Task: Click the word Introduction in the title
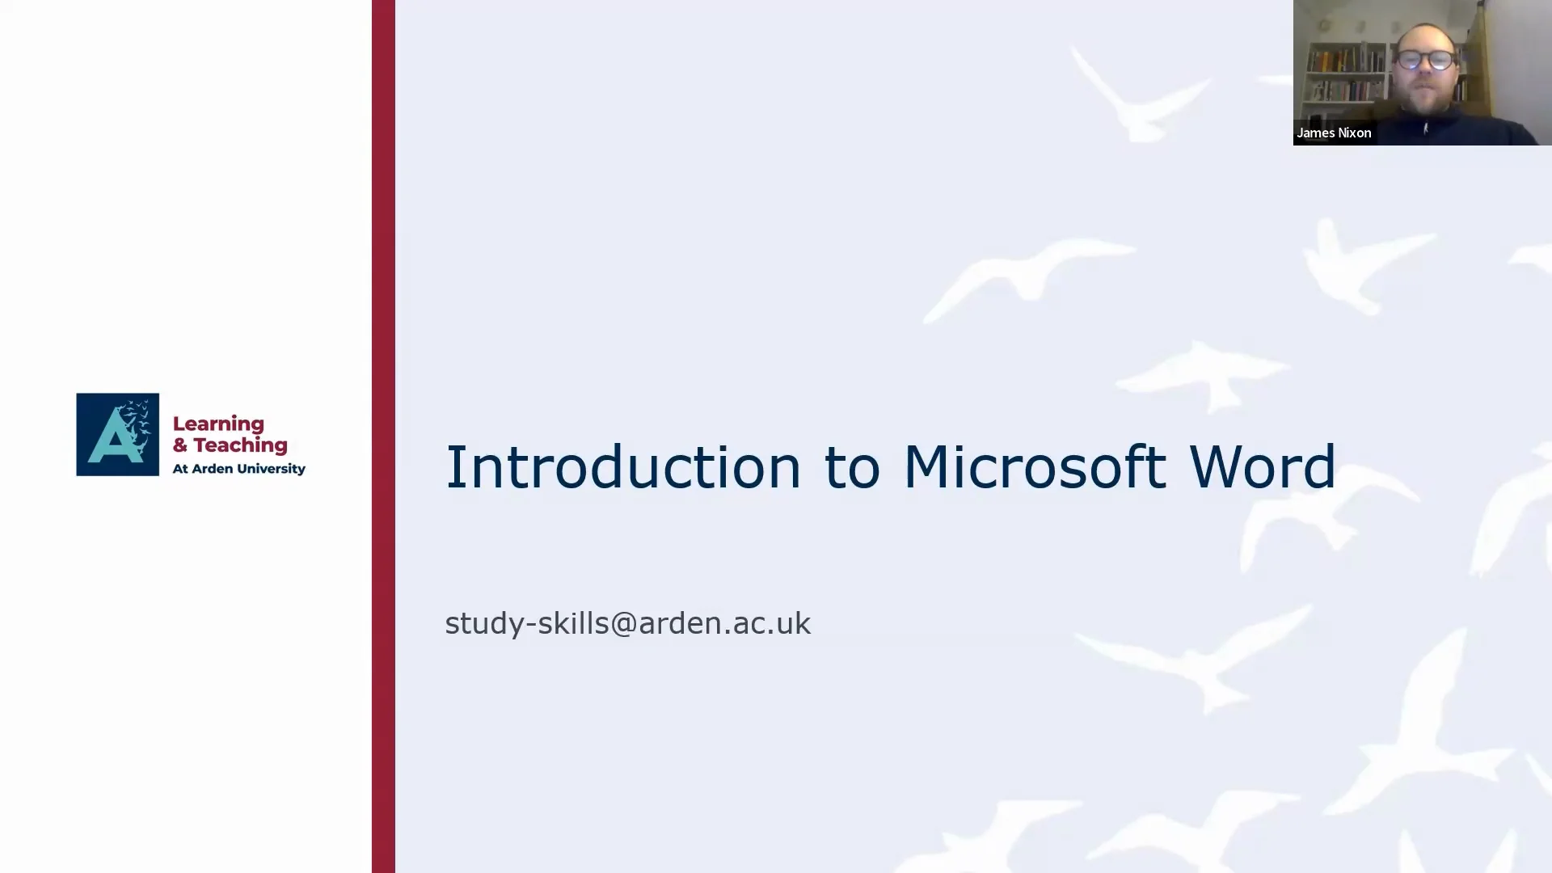pyautogui.click(x=622, y=467)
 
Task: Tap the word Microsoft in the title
pyautogui.click(x=1034, y=467)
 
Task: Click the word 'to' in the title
pyautogui.click(x=851, y=469)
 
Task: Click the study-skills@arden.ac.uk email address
pyautogui.click(x=627, y=623)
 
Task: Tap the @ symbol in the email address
pyautogui.click(x=623, y=624)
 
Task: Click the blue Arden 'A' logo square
pyautogui.click(x=117, y=434)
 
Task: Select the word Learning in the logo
pyautogui.click(x=218, y=424)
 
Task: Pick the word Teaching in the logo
pyautogui.click(x=240, y=445)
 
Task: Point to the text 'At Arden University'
pyautogui.click(x=238, y=469)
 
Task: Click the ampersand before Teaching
pyautogui.click(x=179, y=445)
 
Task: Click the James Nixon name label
pyautogui.click(x=1334, y=133)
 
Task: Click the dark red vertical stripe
pyautogui.click(x=383, y=436)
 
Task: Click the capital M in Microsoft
pyautogui.click(x=923, y=467)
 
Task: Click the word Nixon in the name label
pyautogui.click(x=1355, y=133)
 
